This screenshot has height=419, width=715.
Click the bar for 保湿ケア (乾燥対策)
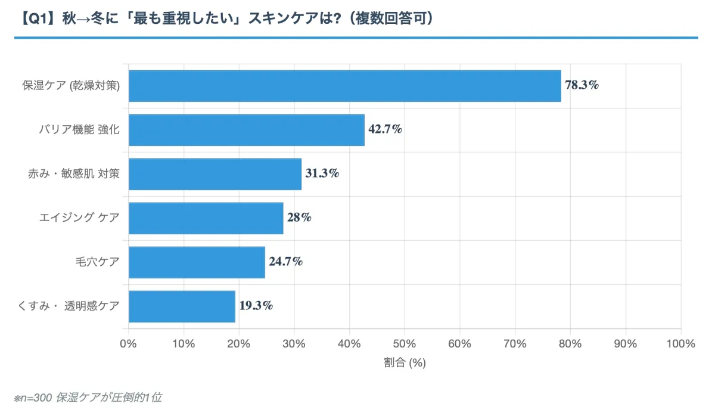[x=345, y=86]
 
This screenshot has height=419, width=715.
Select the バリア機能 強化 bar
[x=247, y=130]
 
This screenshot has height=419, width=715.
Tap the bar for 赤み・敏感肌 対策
[x=215, y=174]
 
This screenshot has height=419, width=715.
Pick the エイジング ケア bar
[x=206, y=218]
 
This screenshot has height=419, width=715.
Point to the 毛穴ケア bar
[x=197, y=262]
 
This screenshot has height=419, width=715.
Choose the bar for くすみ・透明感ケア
[x=182, y=306]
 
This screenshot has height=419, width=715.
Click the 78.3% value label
[x=582, y=85]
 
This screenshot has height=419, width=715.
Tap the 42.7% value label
[x=385, y=129]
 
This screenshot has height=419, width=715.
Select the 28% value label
[x=299, y=218]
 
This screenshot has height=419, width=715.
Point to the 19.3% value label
[x=256, y=306]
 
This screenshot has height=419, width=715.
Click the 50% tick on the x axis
[x=405, y=344]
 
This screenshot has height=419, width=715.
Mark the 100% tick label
[x=680, y=344]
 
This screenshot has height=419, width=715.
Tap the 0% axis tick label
[x=129, y=344]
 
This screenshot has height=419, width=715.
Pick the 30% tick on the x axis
[x=294, y=344]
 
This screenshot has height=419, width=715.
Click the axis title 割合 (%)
[x=405, y=362]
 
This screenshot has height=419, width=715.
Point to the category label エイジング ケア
[x=79, y=218]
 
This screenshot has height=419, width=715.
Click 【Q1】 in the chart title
[x=36, y=18]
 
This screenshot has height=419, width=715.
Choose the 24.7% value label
[x=285, y=262]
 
